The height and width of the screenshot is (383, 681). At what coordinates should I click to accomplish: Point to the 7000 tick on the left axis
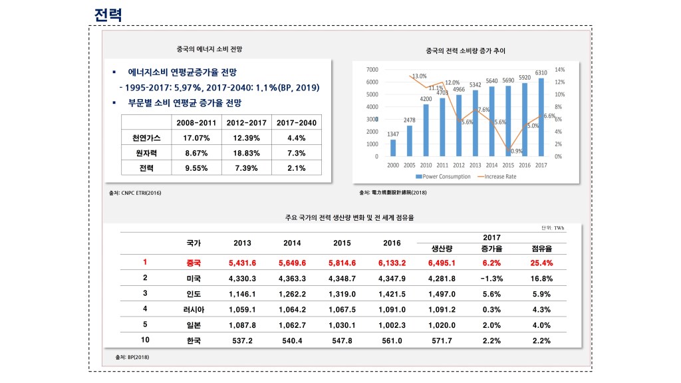pyautogui.click(x=373, y=70)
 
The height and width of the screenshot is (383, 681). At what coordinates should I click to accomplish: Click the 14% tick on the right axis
pyautogui.click(x=560, y=70)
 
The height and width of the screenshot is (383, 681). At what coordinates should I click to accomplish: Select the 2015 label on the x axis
pyautogui.click(x=508, y=164)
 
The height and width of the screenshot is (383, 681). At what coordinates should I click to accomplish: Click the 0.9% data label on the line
pyautogui.click(x=515, y=151)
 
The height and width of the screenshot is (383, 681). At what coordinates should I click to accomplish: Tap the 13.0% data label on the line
pyautogui.click(x=420, y=76)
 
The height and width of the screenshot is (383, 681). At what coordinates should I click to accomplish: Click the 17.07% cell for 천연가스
pyautogui.click(x=196, y=138)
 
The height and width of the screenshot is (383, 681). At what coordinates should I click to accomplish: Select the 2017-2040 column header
pyautogui.click(x=296, y=123)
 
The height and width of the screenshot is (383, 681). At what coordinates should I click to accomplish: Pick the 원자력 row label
pyautogui.click(x=146, y=154)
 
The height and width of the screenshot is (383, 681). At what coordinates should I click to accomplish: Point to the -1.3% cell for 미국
pyautogui.click(x=491, y=278)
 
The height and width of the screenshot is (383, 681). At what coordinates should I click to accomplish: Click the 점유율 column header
pyautogui.click(x=542, y=249)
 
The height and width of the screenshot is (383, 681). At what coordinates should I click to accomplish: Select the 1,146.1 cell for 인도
pyautogui.click(x=242, y=293)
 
